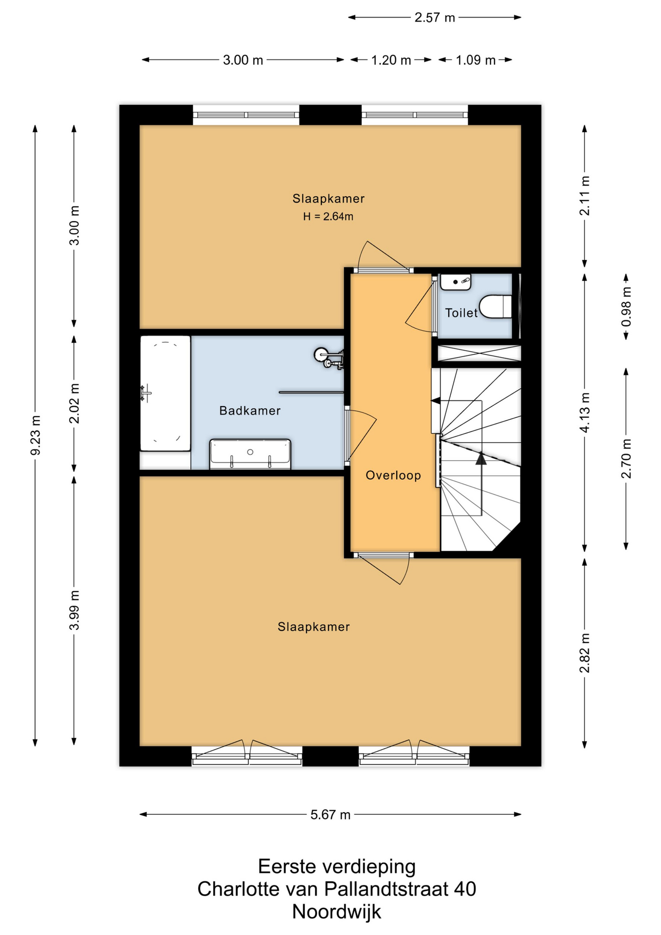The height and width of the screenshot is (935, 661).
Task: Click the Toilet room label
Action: tap(461, 313)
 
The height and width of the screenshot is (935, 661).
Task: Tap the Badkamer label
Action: tap(250, 411)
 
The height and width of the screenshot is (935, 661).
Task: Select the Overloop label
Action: tap(393, 475)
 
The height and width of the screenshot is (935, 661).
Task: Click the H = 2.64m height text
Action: tap(328, 216)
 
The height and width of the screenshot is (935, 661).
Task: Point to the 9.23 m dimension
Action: tap(35, 435)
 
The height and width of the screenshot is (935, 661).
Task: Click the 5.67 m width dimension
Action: tap(330, 815)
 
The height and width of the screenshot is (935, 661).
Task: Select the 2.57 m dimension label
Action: tap(435, 18)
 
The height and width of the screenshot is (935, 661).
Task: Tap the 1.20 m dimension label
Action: tap(391, 60)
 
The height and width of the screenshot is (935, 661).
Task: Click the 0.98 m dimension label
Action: tap(626, 306)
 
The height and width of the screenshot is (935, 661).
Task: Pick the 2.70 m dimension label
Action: tap(626, 458)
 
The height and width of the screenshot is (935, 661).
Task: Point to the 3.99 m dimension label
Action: tap(74, 610)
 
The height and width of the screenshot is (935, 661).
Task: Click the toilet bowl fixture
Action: tap(496, 307)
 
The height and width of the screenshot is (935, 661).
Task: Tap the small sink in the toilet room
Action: tap(455, 282)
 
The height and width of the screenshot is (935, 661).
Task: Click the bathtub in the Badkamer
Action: tap(165, 393)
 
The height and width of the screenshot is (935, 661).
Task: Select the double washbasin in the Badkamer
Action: tap(250, 454)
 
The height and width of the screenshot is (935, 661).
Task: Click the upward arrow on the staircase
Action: tap(481, 484)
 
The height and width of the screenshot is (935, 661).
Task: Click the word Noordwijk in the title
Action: tap(336, 911)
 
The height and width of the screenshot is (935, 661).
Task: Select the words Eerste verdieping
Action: tap(336, 866)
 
